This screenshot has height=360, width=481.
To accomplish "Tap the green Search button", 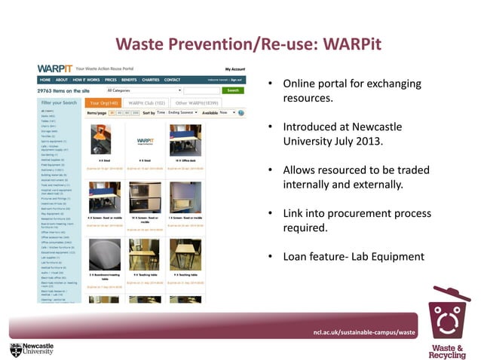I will [234, 90].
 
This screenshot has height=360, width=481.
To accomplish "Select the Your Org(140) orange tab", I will [103, 102].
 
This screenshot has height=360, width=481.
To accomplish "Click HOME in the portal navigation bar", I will [45, 80].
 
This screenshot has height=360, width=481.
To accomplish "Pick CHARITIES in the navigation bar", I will [149, 80].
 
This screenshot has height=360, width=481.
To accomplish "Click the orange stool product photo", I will [101, 140].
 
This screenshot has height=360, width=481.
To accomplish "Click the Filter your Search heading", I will [59, 102].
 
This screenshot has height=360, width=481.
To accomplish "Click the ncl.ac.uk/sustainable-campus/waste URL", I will [365, 332].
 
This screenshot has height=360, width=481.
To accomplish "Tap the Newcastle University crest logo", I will [17, 349].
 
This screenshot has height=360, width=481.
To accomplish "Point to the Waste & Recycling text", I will [447, 350].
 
